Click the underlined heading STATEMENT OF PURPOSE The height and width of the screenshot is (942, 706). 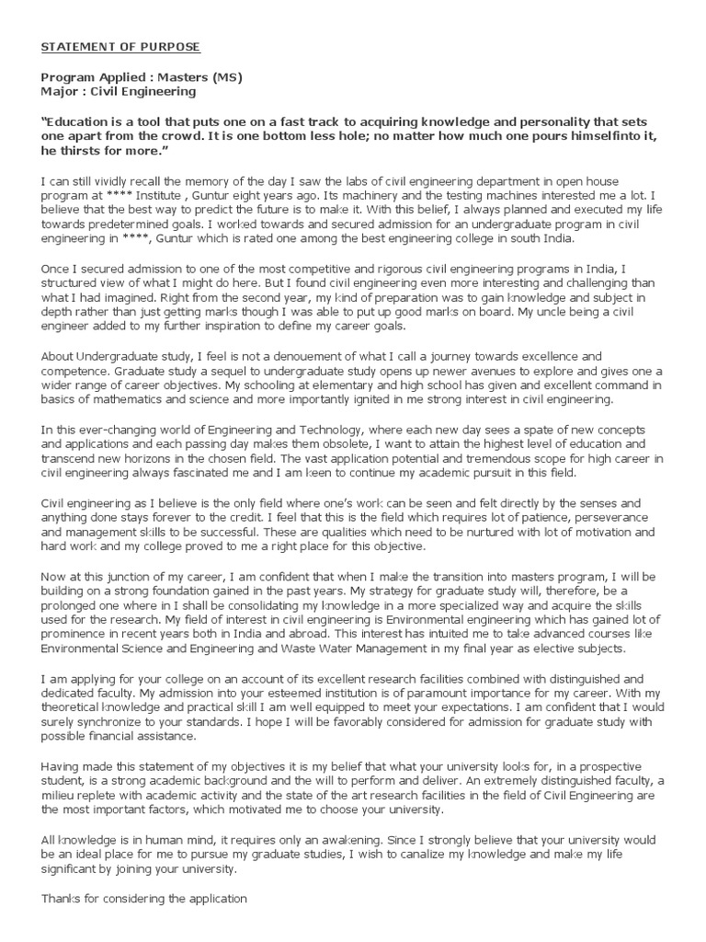[x=120, y=47]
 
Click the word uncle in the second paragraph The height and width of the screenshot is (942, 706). [x=555, y=313]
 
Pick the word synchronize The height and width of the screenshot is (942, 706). [x=113, y=723]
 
